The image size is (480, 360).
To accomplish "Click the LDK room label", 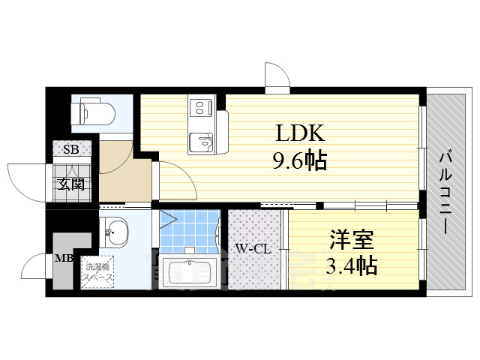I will pyautogui.click(x=299, y=134).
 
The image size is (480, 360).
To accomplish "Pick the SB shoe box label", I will pyautogui.click(x=70, y=149).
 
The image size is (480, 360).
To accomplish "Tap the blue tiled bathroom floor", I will pyautogui.click(x=187, y=232).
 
